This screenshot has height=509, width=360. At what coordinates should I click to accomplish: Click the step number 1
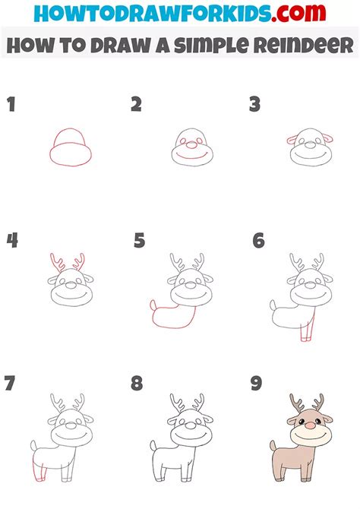click(11, 104)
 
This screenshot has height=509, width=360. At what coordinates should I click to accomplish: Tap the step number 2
click(136, 104)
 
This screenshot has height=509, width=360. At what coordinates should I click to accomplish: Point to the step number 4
click(12, 241)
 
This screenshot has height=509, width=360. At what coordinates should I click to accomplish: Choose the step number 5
click(139, 241)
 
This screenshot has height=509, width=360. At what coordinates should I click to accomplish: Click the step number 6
click(259, 241)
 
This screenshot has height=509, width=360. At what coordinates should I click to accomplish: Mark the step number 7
click(10, 382)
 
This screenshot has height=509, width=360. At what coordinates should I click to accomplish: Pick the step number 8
click(137, 383)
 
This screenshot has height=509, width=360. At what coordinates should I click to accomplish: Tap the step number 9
click(257, 382)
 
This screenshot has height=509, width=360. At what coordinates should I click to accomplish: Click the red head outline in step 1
click(69, 148)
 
